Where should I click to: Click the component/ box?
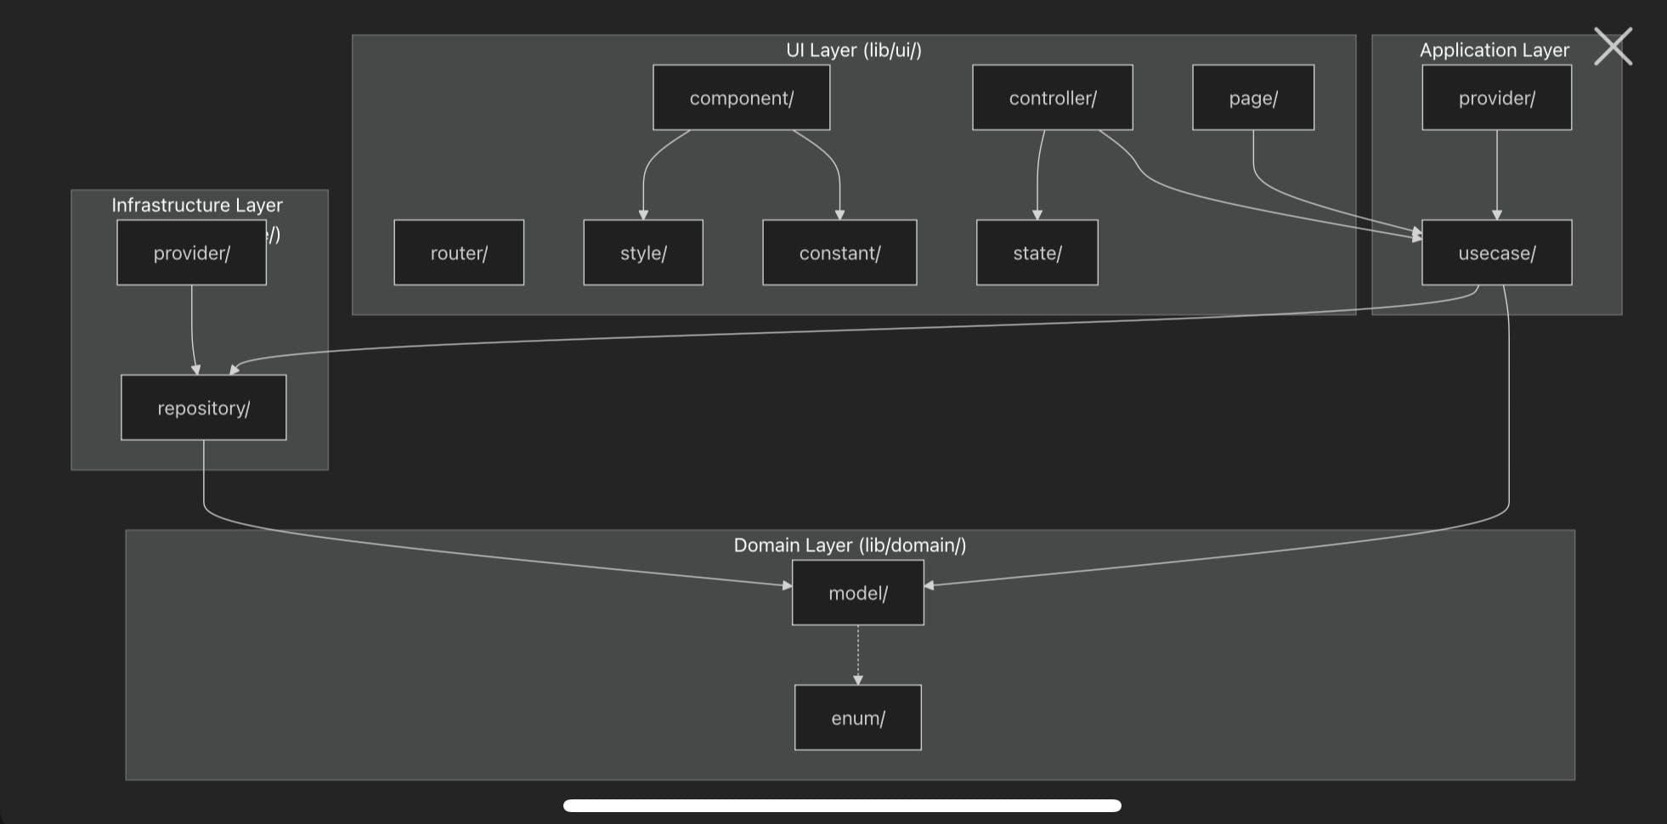[741, 98]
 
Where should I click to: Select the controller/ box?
[1052, 98]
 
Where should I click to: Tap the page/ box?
[1252, 98]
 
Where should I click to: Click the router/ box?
[459, 252]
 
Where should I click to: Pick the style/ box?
[643, 252]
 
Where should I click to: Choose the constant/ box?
[839, 252]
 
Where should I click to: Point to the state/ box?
[1037, 252]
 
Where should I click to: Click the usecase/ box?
[1496, 252]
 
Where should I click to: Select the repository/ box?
[204, 408]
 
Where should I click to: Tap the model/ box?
[857, 593]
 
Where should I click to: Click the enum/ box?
[857, 718]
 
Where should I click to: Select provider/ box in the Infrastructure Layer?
[191, 252]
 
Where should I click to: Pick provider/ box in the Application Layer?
[1496, 98]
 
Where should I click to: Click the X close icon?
[1613, 46]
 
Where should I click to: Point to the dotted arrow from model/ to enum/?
[858, 655]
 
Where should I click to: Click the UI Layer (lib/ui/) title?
[853, 50]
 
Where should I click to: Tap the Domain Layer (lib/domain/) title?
[850, 545]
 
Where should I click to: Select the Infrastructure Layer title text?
[197, 205]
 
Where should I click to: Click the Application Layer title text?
[1494, 50]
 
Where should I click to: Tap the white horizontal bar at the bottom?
[842, 805]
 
